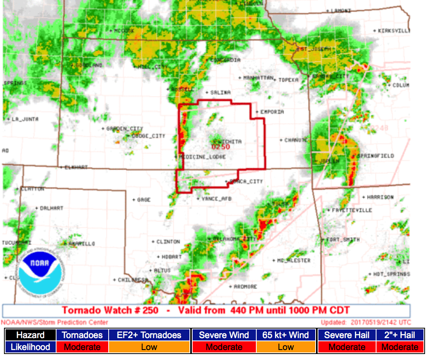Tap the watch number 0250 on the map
tap(220, 147)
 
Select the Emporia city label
tap(272, 112)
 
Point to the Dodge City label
tap(148, 136)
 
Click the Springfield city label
tap(376, 156)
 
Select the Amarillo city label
tap(82, 243)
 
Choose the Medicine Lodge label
tap(203, 157)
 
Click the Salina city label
tap(220, 92)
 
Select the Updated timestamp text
tap(366, 322)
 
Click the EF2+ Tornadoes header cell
tap(149, 335)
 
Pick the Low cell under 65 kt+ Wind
tap(286, 347)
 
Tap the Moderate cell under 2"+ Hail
tap(400, 347)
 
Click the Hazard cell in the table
tap(30, 335)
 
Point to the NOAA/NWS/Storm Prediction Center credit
tap(55, 322)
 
